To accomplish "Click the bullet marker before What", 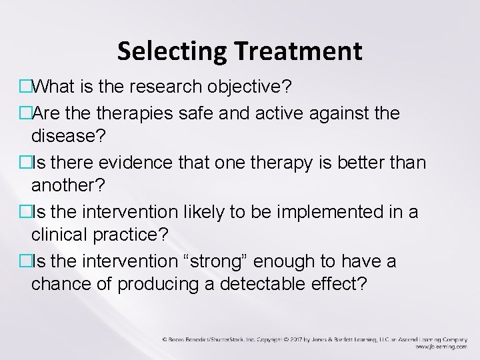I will click(24, 87).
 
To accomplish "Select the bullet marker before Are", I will click(24, 114).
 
